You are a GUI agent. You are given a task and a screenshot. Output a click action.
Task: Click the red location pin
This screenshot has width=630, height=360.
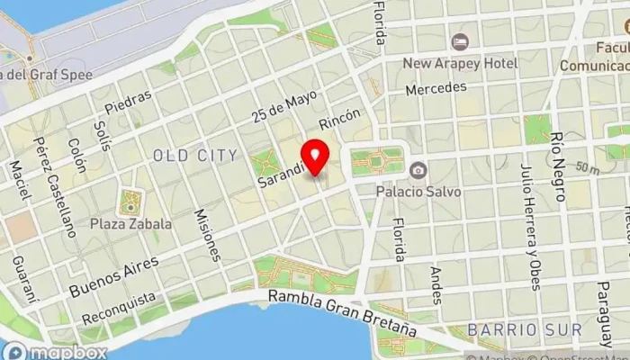point(316,157)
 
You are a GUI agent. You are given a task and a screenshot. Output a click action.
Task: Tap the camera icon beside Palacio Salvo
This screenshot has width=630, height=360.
point(417,170)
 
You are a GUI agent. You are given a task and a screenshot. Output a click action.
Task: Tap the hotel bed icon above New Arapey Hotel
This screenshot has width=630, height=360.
point(460,41)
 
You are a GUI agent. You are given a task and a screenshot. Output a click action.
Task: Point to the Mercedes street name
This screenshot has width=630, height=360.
point(436,89)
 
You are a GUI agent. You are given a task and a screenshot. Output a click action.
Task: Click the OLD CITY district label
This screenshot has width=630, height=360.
point(194,156)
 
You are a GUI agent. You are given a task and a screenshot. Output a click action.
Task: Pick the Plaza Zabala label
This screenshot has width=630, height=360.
point(131,223)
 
